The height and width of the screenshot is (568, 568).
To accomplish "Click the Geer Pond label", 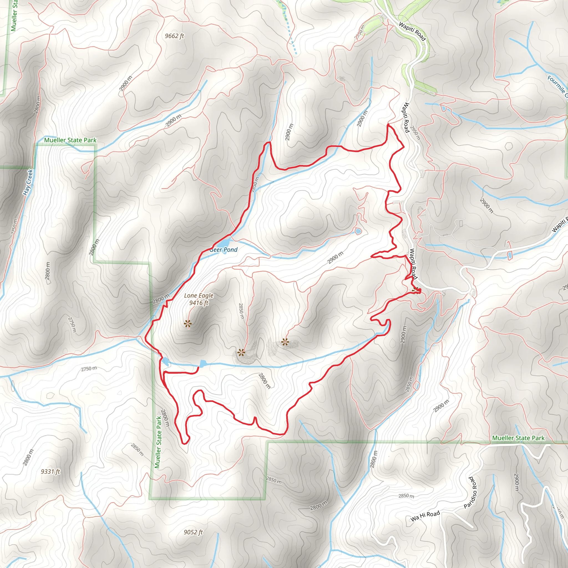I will [224, 250].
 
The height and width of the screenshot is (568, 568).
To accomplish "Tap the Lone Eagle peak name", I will [199, 295].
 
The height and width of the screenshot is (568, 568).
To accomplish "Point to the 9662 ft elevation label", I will [174, 36].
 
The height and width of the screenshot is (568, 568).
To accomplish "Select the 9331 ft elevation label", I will [50, 471].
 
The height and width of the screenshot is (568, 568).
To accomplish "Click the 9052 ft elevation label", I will [193, 532].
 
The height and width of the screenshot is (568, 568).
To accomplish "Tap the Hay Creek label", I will [28, 182].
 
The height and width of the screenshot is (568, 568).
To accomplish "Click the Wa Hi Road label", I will [425, 516].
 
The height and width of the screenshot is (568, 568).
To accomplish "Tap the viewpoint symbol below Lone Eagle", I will [187, 324].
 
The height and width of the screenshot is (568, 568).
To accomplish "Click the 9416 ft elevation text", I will [199, 303].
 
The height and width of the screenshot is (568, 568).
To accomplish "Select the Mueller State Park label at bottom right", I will [518, 438].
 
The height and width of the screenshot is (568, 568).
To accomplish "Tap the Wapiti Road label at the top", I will [412, 31].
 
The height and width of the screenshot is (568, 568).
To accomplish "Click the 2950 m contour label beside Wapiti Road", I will [415, 133].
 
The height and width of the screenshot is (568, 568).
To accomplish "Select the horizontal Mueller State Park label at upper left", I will [70, 140].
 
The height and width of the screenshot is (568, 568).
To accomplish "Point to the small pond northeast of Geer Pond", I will [358, 231].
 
